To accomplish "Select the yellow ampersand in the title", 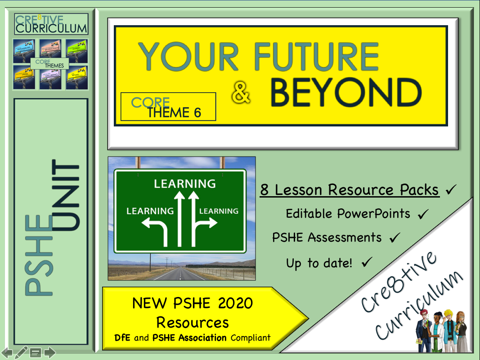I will [x=242, y=94].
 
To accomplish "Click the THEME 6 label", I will [x=174, y=112].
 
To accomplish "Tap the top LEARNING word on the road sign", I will [x=184, y=184].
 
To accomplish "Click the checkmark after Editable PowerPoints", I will [x=422, y=214].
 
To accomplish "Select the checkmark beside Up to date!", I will [x=366, y=262].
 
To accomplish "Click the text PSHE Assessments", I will [x=327, y=238].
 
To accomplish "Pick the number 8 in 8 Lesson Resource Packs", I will [x=265, y=190].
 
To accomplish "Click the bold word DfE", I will [x=123, y=337].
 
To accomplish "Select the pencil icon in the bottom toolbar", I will [x=21, y=352].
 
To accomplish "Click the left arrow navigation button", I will [x=7, y=352].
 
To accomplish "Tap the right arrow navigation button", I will [x=49, y=352].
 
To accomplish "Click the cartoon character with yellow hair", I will [x=448, y=329].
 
